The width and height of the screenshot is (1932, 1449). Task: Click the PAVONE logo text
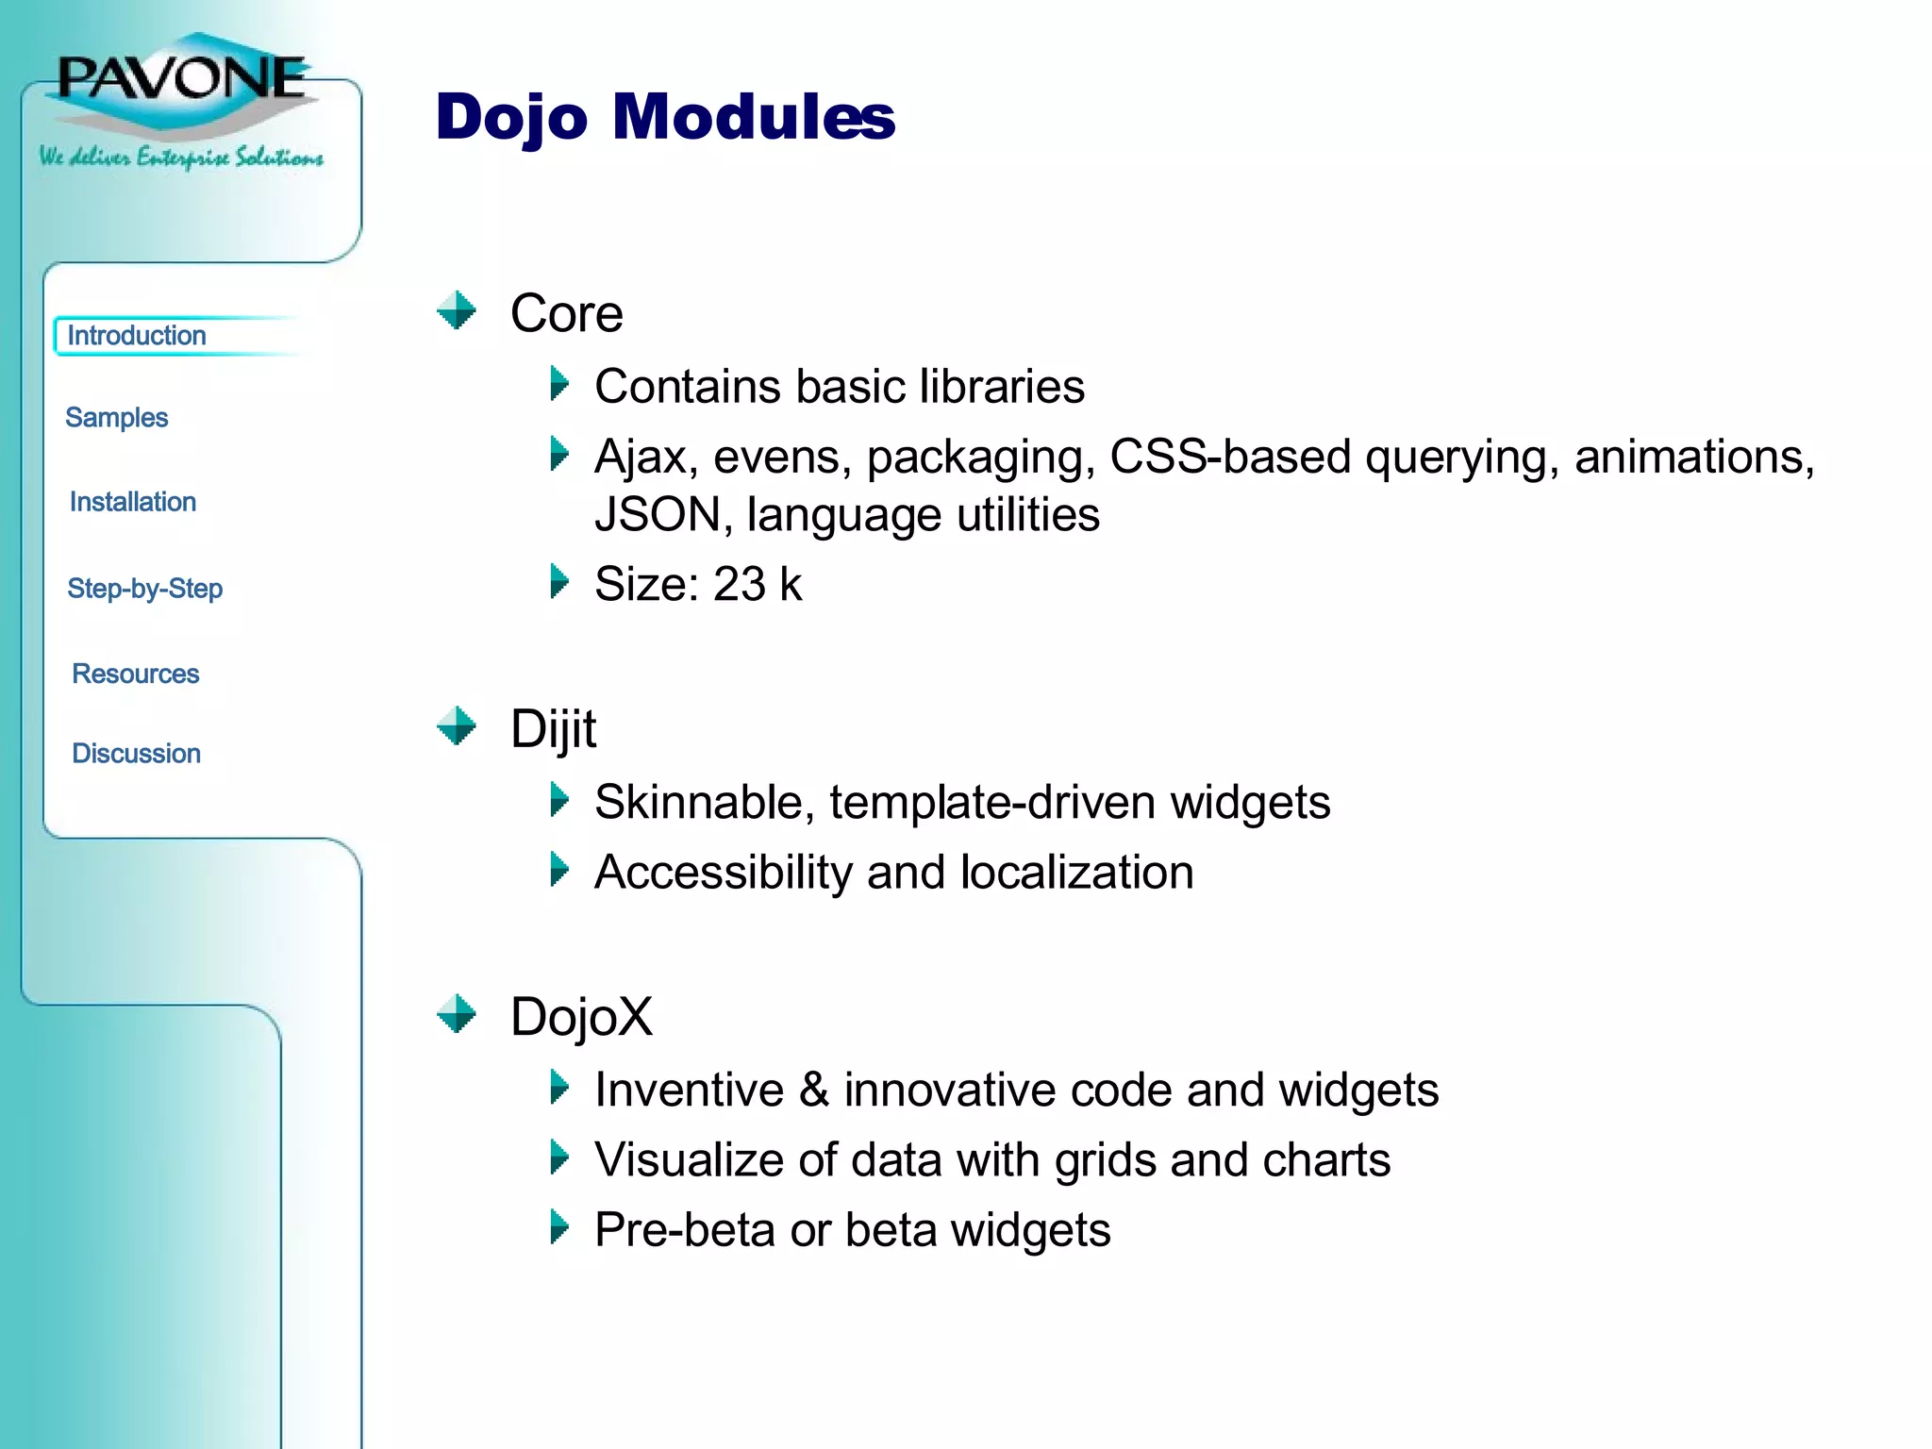[182, 77]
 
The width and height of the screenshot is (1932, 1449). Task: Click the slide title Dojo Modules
[664, 117]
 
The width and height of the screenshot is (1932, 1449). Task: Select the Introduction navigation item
[137, 336]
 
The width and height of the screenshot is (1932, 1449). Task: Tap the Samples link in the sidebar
[116, 418]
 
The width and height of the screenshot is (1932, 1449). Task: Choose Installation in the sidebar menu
[133, 502]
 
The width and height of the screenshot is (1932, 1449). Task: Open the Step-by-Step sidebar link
[145, 589]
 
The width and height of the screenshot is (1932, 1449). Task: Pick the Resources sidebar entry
[136, 674]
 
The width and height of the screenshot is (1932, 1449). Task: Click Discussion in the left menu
[137, 754]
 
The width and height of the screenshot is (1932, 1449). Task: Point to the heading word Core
[566, 313]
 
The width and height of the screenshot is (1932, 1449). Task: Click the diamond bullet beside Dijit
[458, 726]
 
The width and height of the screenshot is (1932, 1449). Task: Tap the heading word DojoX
[581, 1017]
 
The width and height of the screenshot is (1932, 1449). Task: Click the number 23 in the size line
[739, 584]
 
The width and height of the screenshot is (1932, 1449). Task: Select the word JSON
[658, 515]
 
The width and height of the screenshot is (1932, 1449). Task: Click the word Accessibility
[724, 873]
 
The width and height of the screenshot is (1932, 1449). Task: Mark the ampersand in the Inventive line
[814, 1091]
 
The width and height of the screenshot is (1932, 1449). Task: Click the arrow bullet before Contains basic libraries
[559, 384]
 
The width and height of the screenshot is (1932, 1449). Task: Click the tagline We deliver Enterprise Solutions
[181, 157]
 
